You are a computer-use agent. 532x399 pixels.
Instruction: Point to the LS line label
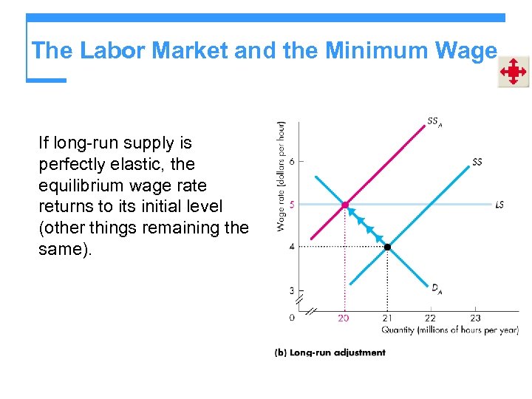click(x=499, y=205)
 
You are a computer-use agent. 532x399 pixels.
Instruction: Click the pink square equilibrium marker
click(x=345, y=205)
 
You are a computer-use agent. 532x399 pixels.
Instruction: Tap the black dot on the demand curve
click(x=387, y=246)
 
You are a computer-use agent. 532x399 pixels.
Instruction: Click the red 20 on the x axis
click(x=344, y=318)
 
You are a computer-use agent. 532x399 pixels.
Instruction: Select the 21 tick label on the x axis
click(x=387, y=318)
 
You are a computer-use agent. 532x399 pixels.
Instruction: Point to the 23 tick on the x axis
click(x=474, y=318)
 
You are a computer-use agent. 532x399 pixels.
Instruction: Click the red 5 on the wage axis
click(x=292, y=205)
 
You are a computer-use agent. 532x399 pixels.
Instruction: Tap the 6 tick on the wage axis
click(x=292, y=161)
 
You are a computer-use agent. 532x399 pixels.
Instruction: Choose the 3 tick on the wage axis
click(x=292, y=291)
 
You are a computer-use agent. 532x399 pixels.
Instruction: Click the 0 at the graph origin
click(x=292, y=318)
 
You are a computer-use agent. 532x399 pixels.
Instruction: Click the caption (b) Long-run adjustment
click(x=330, y=352)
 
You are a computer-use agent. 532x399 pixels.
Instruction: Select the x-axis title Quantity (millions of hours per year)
click(x=449, y=330)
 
